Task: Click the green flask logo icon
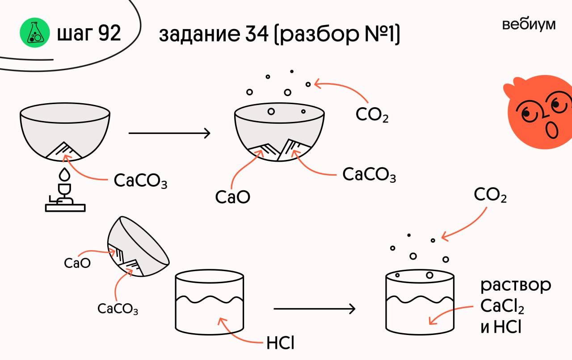pos(35,33)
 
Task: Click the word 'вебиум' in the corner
pos(529,25)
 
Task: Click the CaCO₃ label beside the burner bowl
pos(140,181)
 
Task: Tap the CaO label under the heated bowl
pos(232,197)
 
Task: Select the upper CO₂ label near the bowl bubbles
pos(372,115)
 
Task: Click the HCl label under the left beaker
pos(280,343)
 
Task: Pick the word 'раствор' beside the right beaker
pos(515,286)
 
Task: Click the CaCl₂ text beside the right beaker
pos(502,307)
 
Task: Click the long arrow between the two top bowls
pos(169,133)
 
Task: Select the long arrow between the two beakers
pos(314,308)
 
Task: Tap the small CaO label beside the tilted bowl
pos(77,263)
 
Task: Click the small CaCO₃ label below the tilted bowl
pos(118,309)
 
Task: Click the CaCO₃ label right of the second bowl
pos(369,175)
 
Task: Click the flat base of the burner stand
pos(65,207)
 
